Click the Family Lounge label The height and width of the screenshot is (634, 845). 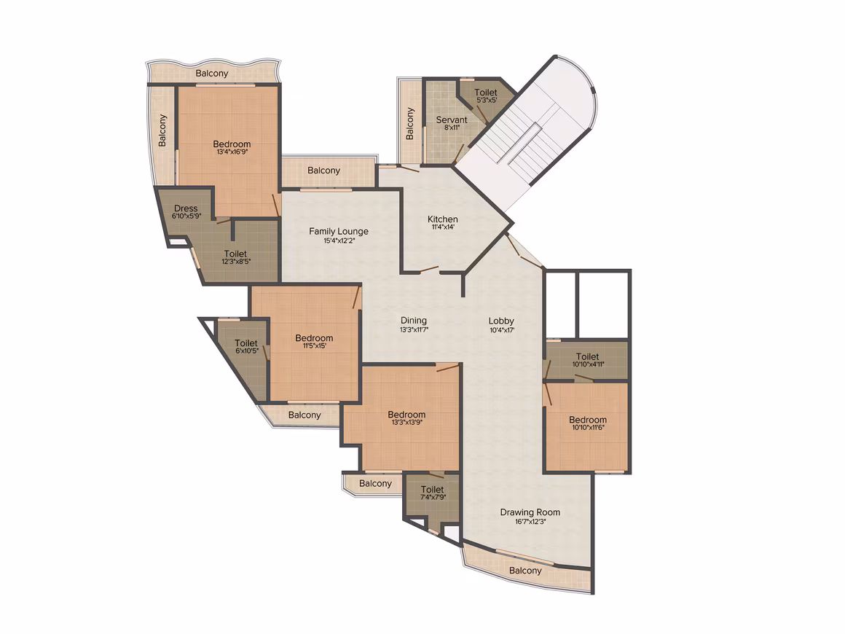tap(339, 231)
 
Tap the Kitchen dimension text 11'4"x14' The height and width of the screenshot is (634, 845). tap(442, 227)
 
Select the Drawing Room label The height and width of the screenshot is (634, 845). tap(530, 512)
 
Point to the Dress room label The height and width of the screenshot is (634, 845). tap(186, 208)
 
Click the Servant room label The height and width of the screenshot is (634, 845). tap(452, 120)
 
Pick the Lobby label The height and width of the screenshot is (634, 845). tap(501, 321)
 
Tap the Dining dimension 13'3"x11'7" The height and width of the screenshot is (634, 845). tap(414, 329)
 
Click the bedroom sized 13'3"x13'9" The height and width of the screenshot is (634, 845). tap(406, 418)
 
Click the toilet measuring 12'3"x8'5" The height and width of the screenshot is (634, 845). tap(235, 257)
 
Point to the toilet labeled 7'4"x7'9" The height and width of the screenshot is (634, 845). tap(432, 493)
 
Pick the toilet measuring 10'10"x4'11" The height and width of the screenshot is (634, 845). tap(587, 360)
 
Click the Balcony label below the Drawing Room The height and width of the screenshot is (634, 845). tap(525, 571)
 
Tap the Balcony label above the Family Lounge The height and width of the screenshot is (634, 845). tap(323, 171)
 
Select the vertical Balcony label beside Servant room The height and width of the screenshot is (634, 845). tap(409, 123)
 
